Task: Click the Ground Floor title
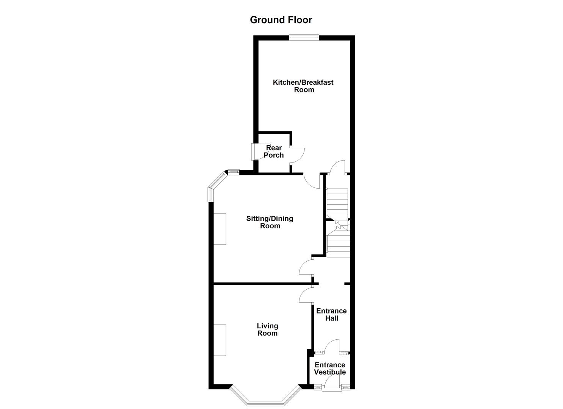(x=281, y=20)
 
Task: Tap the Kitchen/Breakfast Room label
(x=303, y=86)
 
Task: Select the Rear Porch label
(x=274, y=151)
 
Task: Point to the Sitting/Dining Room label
(x=270, y=222)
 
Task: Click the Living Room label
(x=267, y=329)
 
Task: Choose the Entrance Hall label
(x=331, y=314)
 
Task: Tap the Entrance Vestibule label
(x=330, y=368)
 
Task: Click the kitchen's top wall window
(x=304, y=37)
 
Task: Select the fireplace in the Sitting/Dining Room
(x=220, y=229)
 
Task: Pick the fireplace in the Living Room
(x=220, y=340)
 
